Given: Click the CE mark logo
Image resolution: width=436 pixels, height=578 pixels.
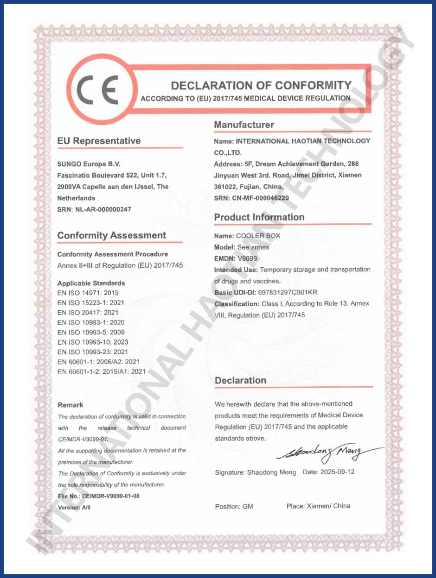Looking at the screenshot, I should pos(98,89).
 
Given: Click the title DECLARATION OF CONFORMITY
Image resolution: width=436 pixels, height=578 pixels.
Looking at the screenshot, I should pos(261,86).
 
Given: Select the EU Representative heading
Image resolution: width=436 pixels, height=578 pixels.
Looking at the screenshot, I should pos(99,141).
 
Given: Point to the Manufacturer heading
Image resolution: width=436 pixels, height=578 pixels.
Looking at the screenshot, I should pos(244,125).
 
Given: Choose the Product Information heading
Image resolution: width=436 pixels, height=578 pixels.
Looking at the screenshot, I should pos(259,217).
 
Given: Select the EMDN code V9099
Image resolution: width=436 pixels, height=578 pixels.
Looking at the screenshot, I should pos(248,258).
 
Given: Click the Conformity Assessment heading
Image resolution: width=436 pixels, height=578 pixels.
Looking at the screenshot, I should pos(111,235).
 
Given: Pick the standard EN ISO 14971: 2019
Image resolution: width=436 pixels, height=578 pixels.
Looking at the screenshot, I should pos(88,293).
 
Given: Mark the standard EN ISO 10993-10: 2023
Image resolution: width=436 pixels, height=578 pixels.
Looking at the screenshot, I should pos(93,342).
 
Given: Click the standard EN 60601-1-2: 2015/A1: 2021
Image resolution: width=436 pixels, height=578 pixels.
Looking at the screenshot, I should pos(102,371).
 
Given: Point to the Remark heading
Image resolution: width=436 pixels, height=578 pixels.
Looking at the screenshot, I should pos(71,405).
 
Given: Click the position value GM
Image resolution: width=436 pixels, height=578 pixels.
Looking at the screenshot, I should pos(248,507).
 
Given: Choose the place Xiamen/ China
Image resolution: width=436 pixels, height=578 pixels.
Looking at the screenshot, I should pos(328,506).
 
